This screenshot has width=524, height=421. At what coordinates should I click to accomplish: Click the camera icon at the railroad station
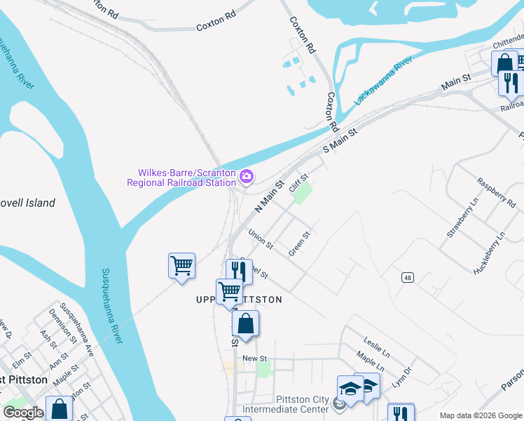246,175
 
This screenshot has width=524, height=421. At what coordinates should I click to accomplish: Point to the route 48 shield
407,279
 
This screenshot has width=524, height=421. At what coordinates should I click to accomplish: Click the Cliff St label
299,187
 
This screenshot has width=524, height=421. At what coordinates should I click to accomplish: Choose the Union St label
261,240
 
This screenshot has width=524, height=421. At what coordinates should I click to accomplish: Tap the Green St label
299,243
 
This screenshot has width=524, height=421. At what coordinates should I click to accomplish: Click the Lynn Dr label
401,379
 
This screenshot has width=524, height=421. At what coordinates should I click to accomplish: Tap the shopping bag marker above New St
245,324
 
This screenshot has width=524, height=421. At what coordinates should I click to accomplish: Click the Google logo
23,413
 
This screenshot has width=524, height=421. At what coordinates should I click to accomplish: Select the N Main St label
268,196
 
